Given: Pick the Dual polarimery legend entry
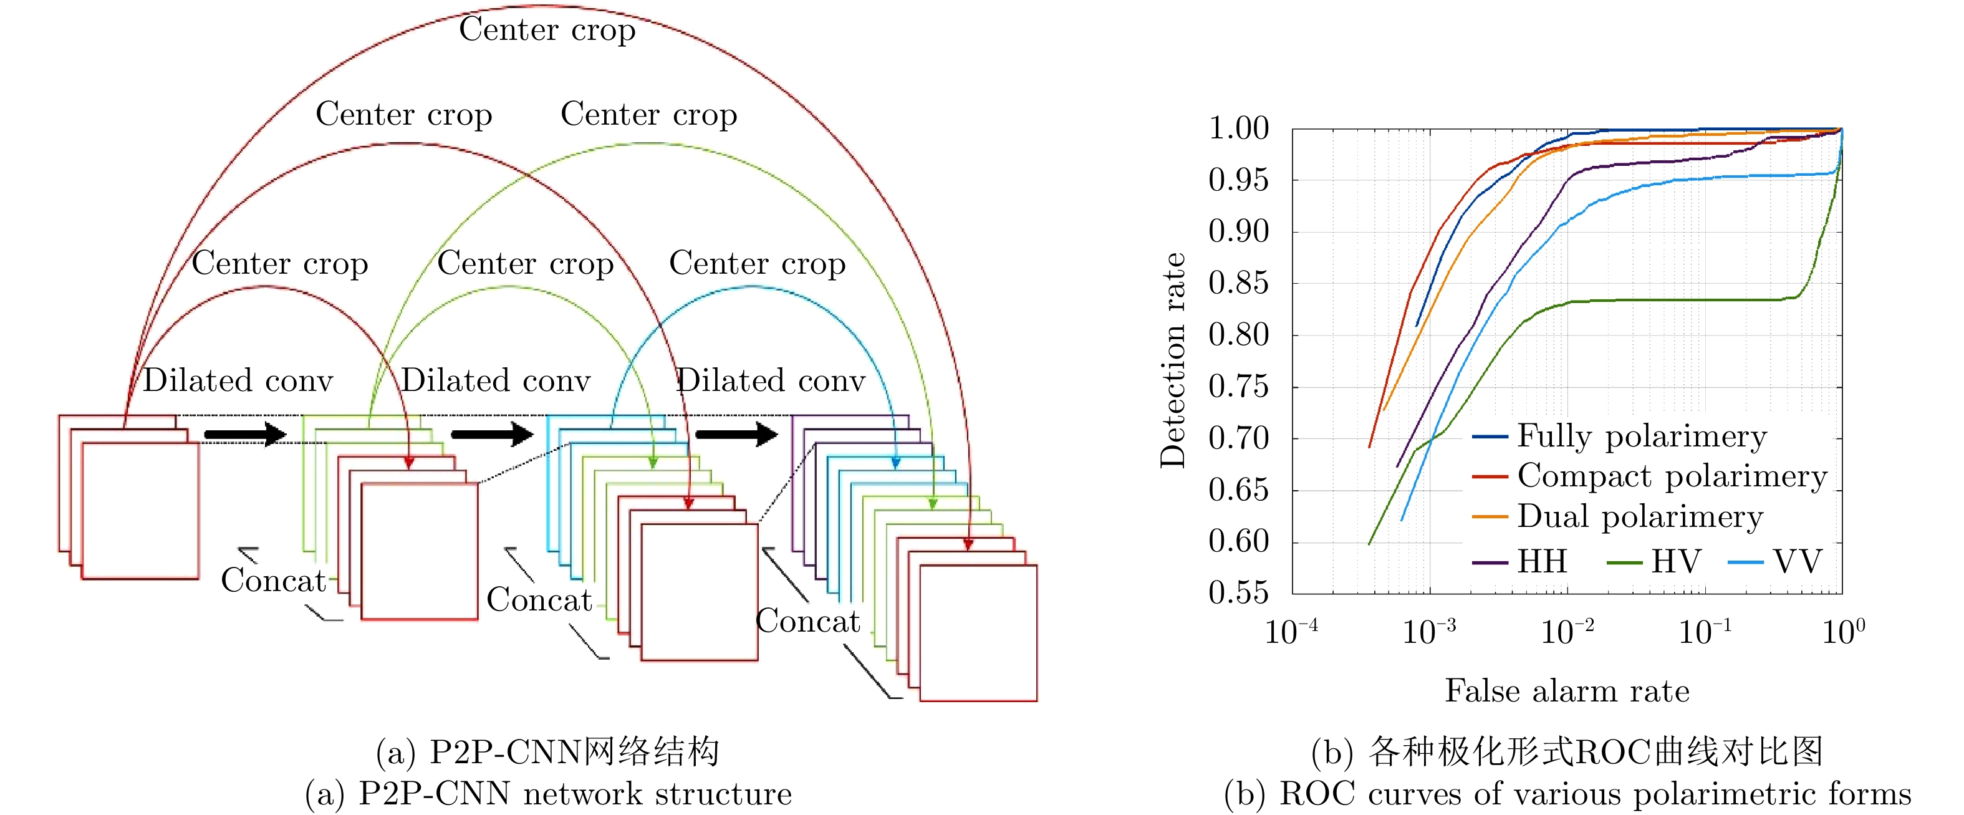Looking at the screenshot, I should [x=1639, y=516].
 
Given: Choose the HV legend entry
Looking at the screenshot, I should [x=1676, y=562].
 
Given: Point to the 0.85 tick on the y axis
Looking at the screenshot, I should [x=1239, y=283].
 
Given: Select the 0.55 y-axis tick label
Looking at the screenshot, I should [x=1239, y=592].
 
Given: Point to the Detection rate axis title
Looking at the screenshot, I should [x=1173, y=360].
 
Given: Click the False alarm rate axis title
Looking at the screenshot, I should [x=1567, y=691].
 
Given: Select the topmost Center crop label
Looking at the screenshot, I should [x=547, y=30].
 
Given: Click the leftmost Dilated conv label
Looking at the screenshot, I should [x=238, y=380].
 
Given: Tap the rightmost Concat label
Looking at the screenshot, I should [x=807, y=620].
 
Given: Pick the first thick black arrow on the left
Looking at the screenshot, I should [x=244, y=435].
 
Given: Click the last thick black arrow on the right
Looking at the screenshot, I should [x=736, y=435].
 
